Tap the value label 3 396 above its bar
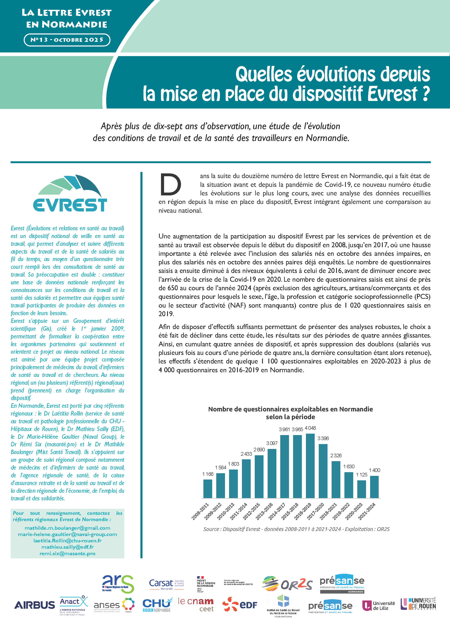323,438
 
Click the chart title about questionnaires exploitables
290,413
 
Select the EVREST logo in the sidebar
70,193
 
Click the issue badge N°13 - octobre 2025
67,40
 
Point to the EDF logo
240,604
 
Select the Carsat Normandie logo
166,584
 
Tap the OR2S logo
287,584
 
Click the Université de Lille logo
378,605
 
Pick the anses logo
114,605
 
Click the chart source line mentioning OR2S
296,529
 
